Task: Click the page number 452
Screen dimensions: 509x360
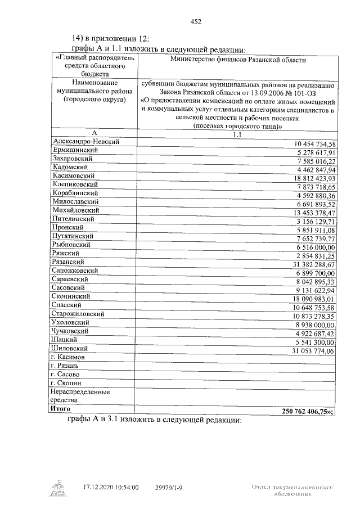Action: click(196, 22)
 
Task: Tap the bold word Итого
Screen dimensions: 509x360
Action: click(61, 409)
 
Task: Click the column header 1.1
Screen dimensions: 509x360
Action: click(236, 135)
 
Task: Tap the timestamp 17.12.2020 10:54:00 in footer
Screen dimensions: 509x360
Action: click(110, 487)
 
